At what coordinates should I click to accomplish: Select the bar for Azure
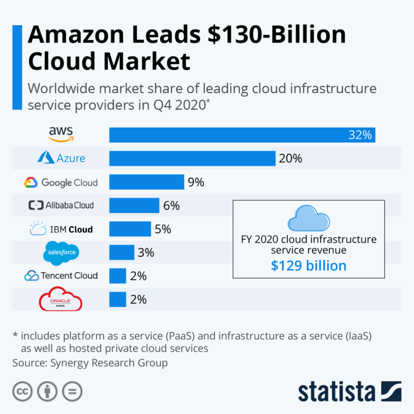click(192, 158)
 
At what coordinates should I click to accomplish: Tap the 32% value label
click(360, 135)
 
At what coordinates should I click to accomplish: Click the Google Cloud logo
click(61, 183)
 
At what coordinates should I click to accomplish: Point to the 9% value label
click(196, 182)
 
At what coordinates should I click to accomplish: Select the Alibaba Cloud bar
click(134, 205)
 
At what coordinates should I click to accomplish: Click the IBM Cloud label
click(61, 229)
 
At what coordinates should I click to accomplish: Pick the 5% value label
click(162, 229)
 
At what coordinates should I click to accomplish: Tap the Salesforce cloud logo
click(61, 253)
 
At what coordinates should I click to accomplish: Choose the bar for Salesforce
click(122, 252)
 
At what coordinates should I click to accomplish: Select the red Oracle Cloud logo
click(61, 299)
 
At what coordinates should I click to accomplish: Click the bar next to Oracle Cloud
click(118, 299)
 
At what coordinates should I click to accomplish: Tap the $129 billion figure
click(308, 265)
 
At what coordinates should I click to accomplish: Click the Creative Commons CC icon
click(21, 391)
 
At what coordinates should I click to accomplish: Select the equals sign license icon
click(72, 391)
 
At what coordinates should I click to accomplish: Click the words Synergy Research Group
click(109, 363)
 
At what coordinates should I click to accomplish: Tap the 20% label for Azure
click(291, 158)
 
